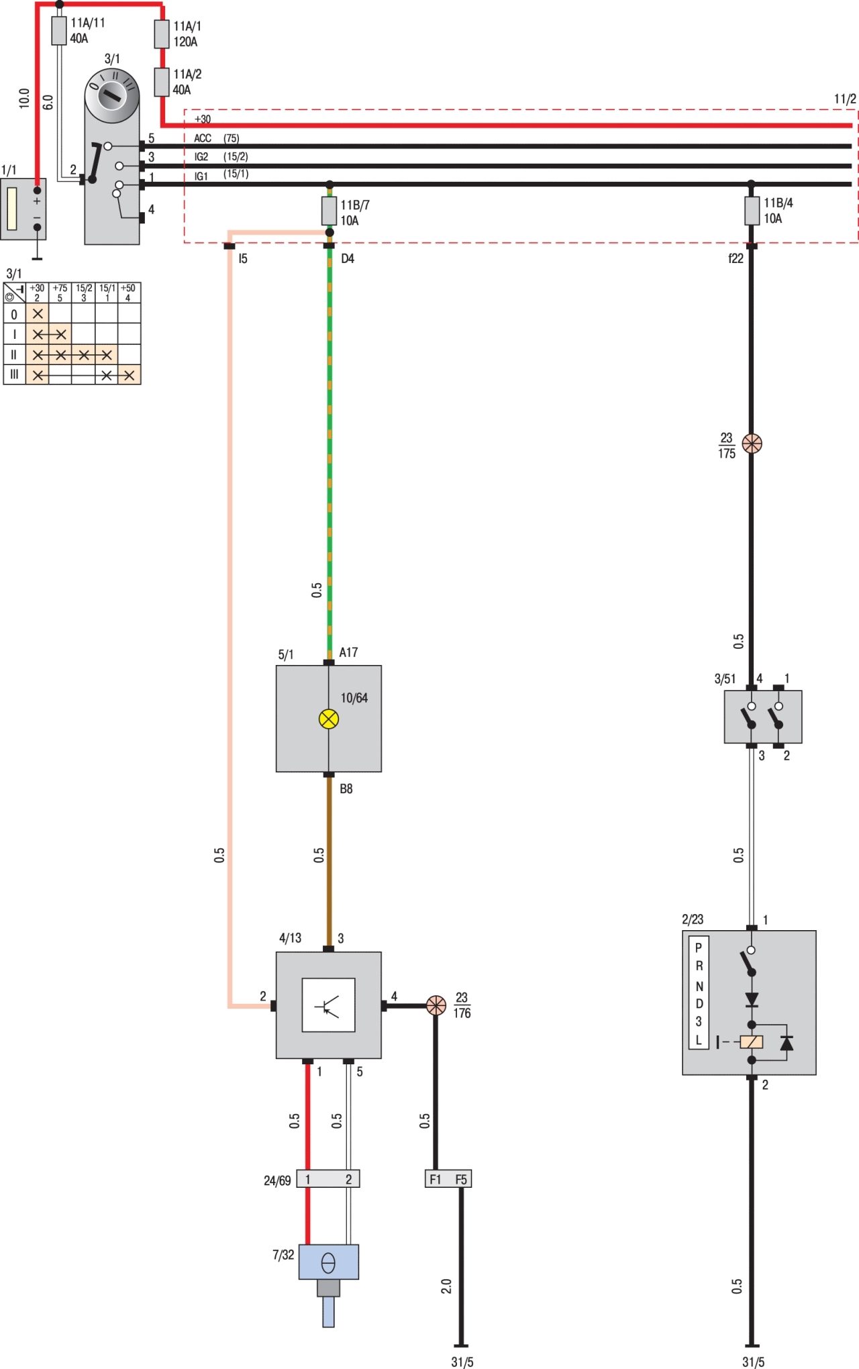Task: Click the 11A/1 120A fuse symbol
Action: (x=162, y=34)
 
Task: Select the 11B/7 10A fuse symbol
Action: (x=329, y=211)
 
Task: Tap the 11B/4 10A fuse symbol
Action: (x=752, y=210)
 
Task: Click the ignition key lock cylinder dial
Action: (x=112, y=95)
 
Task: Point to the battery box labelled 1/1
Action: (x=23, y=209)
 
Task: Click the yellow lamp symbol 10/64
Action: (x=329, y=719)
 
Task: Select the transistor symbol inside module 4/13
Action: (x=328, y=1005)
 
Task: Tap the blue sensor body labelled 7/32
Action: (x=328, y=1262)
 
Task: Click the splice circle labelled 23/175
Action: (x=752, y=444)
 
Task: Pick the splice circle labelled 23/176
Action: (x=436, y=1005)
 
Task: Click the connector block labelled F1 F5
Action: (x=448, y=1179)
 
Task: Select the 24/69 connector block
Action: (x=328, y=1179)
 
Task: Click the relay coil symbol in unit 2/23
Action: (x=752, y=1042)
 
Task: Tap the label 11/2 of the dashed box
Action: (x=845, y=99)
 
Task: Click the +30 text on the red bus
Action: (x=203, y=119)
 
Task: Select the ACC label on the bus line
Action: (x=203, y=138)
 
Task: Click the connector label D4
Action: (x=347, y=259)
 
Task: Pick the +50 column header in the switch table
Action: (x=128, y=293)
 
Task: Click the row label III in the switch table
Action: (x=14, y=374)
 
